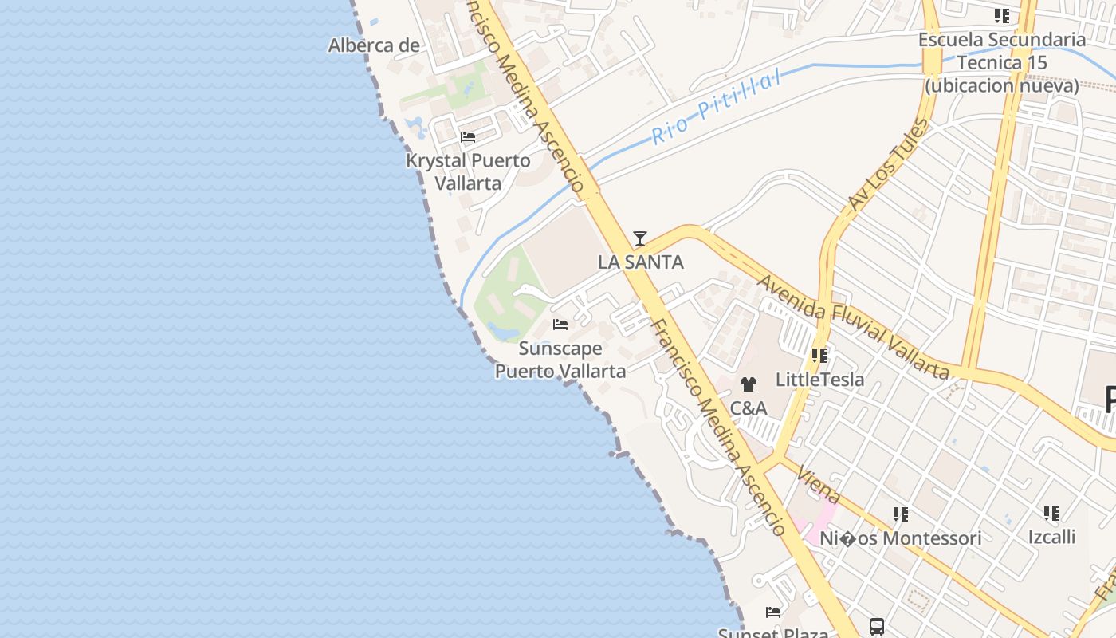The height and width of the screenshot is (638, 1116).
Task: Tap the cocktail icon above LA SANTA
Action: (639, 238)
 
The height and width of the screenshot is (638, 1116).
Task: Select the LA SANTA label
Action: (640, 262)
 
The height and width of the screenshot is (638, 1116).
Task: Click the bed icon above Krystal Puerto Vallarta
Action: (468, 137)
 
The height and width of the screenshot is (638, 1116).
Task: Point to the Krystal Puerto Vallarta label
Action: (468, 171)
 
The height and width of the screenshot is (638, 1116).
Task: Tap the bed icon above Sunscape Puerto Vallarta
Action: (560, 325)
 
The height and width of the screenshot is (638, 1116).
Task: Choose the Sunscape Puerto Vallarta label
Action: (560, 360)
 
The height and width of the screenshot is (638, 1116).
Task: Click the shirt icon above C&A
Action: (748, 384)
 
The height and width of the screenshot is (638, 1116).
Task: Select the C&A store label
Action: (749, 408)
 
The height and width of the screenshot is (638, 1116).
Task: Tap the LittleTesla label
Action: (819, 380)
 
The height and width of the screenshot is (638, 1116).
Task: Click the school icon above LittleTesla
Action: (819, 356)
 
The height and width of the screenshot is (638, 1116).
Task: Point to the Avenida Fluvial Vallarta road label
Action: (852, 327)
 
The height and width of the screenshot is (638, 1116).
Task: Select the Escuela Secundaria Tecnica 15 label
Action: (1002, 62)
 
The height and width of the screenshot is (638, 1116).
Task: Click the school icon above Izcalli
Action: (1051, 513)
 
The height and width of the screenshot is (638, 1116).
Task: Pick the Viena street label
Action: (818, 482)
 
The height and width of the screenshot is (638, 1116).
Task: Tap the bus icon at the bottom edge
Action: (876, 626)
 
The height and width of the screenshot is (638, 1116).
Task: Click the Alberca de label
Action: (374, 45)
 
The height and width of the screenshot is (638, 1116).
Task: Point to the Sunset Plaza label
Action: (772, 632)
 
